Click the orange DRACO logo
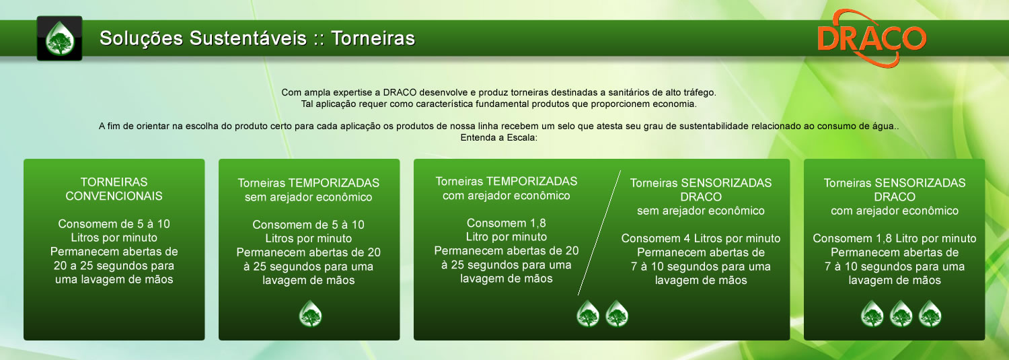tap(872, 39)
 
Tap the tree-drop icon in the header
tap(59, 38)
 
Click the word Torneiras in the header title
tap(373, 38)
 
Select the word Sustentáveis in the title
tap(248, 38)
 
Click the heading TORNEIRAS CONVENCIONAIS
tap(114, 189)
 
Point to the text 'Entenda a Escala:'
tap(498, 137)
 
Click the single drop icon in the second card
tap(310, 314)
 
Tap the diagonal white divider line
tap(599, 233)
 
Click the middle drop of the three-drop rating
tap(901, 314)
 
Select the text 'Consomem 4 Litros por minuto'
tap(700, 238)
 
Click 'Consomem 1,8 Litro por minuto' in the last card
tap(894, 238)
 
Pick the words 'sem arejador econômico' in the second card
tap(309, 197)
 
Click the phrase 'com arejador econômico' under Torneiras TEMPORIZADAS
tap(507, 196)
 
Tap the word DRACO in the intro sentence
tap(400, 92)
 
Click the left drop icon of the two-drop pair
tap(588, 314)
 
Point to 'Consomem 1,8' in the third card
tap(507, 223)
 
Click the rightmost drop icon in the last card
tap(930, 314)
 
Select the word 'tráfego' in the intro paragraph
tap(699, 92)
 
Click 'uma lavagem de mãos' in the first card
tap(114, 279)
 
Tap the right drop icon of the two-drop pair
tap(617, 314)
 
